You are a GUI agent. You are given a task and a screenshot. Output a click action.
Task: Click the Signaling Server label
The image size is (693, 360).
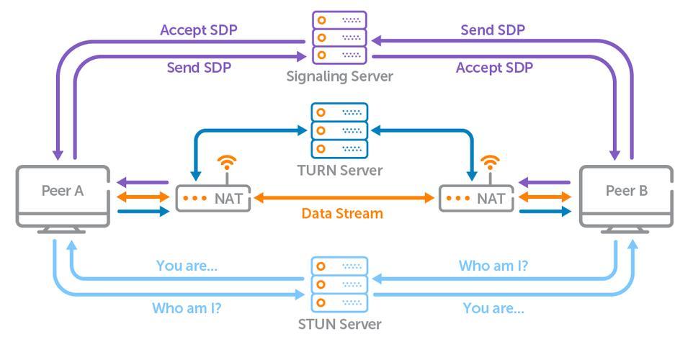pos(339,76)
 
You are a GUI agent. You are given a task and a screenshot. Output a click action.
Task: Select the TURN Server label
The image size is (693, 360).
pos(339,171)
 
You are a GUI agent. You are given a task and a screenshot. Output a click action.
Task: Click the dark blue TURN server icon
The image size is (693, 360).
pos(339,130)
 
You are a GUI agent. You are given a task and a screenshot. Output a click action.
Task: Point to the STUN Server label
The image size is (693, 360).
pos(339,324)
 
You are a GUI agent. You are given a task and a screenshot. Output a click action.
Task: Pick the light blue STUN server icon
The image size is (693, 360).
pos(339,284)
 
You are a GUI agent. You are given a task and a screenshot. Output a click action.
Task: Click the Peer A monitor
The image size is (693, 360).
pos(63,197)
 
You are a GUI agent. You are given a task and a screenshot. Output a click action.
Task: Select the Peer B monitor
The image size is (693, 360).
pos(626,197)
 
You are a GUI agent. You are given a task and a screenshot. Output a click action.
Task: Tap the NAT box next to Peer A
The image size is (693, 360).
pos(213,198)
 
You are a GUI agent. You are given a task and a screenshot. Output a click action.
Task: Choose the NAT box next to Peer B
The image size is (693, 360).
pos(477,198)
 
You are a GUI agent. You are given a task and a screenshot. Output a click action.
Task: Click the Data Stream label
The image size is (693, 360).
pos(342,214)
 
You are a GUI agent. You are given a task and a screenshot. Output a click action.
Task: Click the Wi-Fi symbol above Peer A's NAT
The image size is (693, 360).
pos(227,161)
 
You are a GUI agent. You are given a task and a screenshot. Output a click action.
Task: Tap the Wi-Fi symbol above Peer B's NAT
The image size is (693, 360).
pos(491,161)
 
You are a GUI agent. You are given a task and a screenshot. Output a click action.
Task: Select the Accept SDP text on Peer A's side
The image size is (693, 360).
pos(198,30)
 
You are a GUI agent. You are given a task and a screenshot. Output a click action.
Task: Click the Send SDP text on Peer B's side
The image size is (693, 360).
pos(492,30)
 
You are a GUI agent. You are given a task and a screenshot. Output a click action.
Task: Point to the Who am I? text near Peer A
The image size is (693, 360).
pos(186,308)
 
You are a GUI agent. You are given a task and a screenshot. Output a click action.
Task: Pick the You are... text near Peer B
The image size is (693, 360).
pos(493,308)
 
